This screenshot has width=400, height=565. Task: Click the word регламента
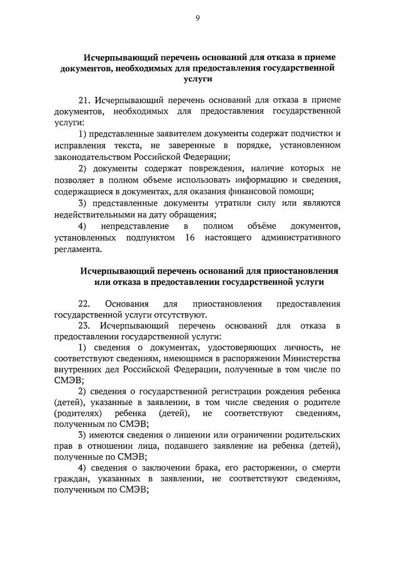pyautogui.click(x=77, y=249)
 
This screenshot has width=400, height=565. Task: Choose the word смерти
pyautogui.click(x=324, y=467)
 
